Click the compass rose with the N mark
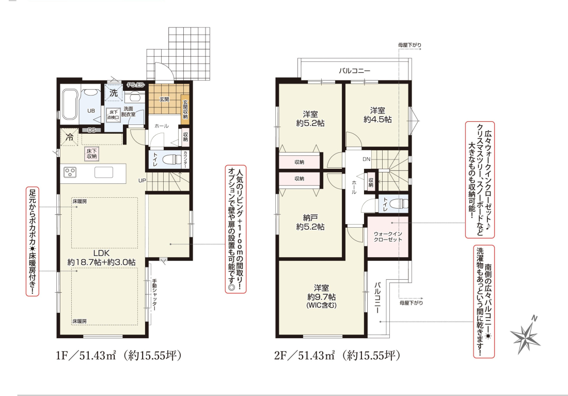525,335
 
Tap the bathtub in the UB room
69,104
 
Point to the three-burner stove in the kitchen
70,172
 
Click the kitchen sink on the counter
104,172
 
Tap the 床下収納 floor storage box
91,154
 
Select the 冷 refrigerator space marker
69,137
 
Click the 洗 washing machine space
114,93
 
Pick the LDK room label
101,253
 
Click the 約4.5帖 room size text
377,119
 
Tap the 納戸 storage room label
310,218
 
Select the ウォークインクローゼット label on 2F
388,236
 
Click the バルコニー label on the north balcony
355,71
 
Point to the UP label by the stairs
142,180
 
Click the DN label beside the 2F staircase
366,159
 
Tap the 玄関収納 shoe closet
185,109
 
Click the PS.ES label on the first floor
135,85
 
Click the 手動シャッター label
154,294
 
